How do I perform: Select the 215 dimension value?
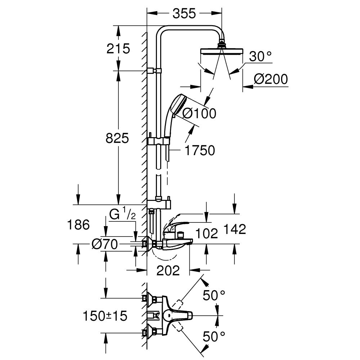click(118, 48)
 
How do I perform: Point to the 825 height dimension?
click(117, 138)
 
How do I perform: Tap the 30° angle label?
click(260, 57)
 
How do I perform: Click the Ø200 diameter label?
click(271, 79)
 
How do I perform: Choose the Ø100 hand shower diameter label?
click(199, 113)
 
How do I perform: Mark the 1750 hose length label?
click(199, 150)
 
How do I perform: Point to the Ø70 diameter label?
click(105, 244)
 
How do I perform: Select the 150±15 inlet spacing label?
click(105, 316)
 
